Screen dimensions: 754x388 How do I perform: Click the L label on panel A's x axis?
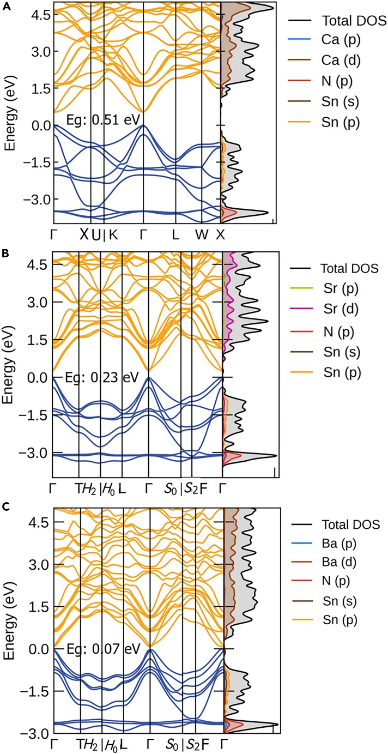(x=175, y=235)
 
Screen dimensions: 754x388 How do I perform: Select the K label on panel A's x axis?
(x=113, y=235)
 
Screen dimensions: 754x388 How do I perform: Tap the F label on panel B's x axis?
(x=203, y=486)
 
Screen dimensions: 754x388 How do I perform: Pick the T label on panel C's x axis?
(x=80, y=743)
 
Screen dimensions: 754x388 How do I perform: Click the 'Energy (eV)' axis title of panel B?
(x=9, y=363)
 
